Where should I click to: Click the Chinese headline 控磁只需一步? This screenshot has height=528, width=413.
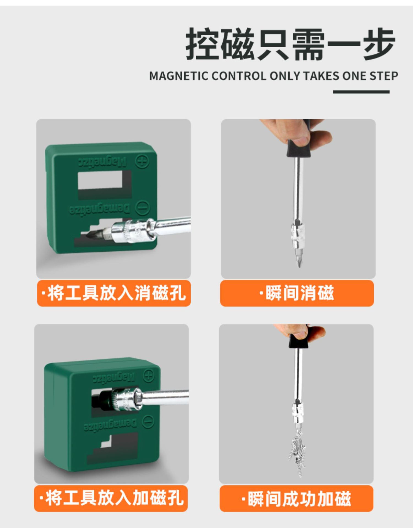[x=290, y=44]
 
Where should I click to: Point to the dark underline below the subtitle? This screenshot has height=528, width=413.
[x=361, y=92]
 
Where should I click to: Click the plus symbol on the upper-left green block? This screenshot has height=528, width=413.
[x=142, y=161]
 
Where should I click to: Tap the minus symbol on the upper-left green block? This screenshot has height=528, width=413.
[x=143, y=208]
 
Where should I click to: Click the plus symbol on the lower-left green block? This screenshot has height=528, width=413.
[x=149, y=376]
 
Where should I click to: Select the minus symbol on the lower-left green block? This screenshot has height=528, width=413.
[x=148, y=422]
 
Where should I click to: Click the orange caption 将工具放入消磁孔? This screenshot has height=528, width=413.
[x=114, y=293]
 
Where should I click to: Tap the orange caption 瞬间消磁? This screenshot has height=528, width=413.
[x=297, y=293]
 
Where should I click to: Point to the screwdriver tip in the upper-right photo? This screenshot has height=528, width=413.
[x=299, y=267]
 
